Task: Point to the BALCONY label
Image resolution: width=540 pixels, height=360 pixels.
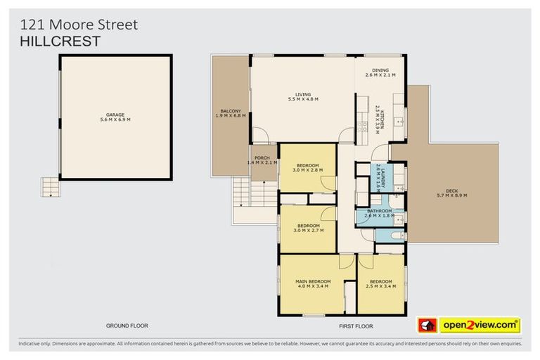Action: pos(231,112)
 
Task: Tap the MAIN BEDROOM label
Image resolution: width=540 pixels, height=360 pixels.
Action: pos(314,283)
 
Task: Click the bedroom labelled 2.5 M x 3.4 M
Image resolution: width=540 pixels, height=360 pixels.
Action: pos(381,283)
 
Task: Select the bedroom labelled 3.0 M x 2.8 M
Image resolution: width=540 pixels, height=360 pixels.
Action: pos(307,167)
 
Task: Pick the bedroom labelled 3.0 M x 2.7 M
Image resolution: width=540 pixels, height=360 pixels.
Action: pos(307,226)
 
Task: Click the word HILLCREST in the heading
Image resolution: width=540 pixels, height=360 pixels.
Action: pos(60,41)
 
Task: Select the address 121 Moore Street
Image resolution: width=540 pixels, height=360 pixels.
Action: pos(79,25)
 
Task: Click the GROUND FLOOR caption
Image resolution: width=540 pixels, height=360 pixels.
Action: pos(127,326)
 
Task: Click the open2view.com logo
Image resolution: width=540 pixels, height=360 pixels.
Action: pos(480,325)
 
